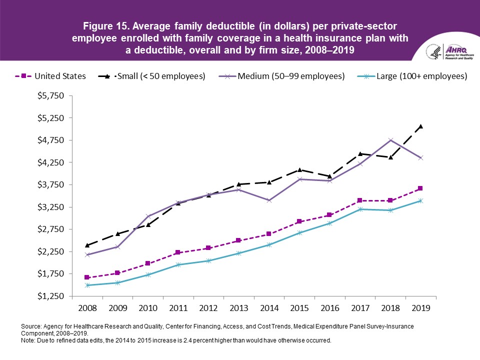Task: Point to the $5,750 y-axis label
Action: coord(50,96)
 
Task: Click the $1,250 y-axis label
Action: coord(50,296)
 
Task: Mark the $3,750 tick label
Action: coord(50,185)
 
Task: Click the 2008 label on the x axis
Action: coord(87,305)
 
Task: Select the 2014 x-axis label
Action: coord(269,305)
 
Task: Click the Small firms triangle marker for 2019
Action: coord(420,126)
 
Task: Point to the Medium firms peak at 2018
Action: coord(390,140)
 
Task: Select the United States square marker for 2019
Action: coord(420,188)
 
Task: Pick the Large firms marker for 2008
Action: coord(87,285)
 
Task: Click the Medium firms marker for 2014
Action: coord(269,200)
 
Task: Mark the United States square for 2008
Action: coord(87,277)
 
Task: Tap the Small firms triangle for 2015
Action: coord(299,170)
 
